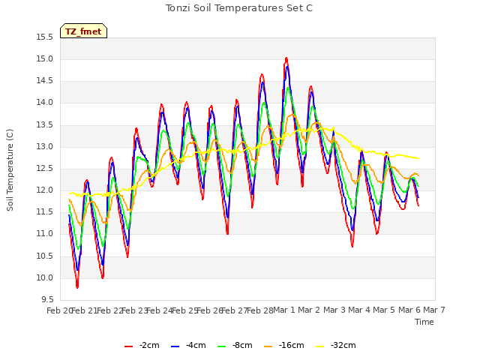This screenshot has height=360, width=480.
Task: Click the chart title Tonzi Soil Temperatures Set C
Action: click(239, 8)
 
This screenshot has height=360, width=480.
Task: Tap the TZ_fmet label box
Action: click(83, 31)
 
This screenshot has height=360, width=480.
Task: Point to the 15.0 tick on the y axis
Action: click(45, 58)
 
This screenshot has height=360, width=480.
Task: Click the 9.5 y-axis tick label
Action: click(47, 299)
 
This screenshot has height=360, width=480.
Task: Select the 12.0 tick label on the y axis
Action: click(45, 190)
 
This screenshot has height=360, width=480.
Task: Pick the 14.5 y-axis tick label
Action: click(45, 81)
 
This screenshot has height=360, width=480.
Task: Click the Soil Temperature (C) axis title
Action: click(10, 170)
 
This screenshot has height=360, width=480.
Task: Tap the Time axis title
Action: click(424, 322)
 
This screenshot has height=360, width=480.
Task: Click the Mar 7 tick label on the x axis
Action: click(434, 310)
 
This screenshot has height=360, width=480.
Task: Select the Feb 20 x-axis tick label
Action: click(59, 310)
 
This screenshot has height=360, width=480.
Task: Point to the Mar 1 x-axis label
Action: click(284, 310)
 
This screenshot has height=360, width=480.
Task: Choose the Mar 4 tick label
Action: click(359, 310)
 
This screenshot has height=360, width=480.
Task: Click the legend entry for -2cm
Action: click(142, 346)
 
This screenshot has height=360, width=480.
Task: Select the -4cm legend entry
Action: click(188, 346)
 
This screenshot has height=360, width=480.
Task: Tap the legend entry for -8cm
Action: click(235, 346)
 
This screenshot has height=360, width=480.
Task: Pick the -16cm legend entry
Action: click(283, 346)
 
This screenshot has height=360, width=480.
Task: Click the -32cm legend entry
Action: click(335, 346)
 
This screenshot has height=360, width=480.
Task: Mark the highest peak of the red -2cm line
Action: click(286, 58)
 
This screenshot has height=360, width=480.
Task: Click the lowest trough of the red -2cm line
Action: click(77, 287)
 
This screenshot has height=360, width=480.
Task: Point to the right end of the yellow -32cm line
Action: click(418, 158)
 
